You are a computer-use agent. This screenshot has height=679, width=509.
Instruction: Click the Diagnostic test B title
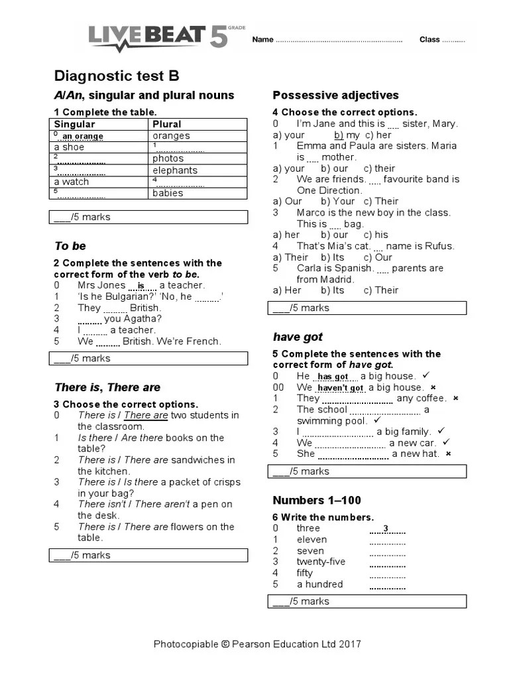click(x=116, y=76)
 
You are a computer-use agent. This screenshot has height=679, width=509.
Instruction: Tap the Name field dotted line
click(x=339, y=40)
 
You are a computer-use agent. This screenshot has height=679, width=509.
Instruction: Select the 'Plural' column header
click(x=166, y=124)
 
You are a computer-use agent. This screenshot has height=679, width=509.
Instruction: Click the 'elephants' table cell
click(x=175, y=170)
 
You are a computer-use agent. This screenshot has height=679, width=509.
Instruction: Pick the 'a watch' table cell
click(x=71, y=182)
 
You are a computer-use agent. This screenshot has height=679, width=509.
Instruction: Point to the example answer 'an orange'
click(x=82, y=137)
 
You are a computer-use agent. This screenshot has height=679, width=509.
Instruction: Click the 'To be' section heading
click(x=70, y=246)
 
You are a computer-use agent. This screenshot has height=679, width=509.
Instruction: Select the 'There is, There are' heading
click(x=107, y=387)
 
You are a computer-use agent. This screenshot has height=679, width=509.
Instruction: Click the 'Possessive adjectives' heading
click(x=335, y=95)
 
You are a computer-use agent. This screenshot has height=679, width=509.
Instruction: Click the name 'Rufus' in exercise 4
click(x=439, y=246)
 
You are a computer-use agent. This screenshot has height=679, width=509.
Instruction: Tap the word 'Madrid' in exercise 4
click(x=340, y=279)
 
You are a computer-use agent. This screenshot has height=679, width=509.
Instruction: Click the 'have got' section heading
click(x=298, y=337)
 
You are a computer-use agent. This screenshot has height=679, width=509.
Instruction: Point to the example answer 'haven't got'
click(x=340, y=388)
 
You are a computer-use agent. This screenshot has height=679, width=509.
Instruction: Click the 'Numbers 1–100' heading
click(x=317, y=500)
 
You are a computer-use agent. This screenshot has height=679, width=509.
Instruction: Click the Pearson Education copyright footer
click(x=257, y=644)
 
